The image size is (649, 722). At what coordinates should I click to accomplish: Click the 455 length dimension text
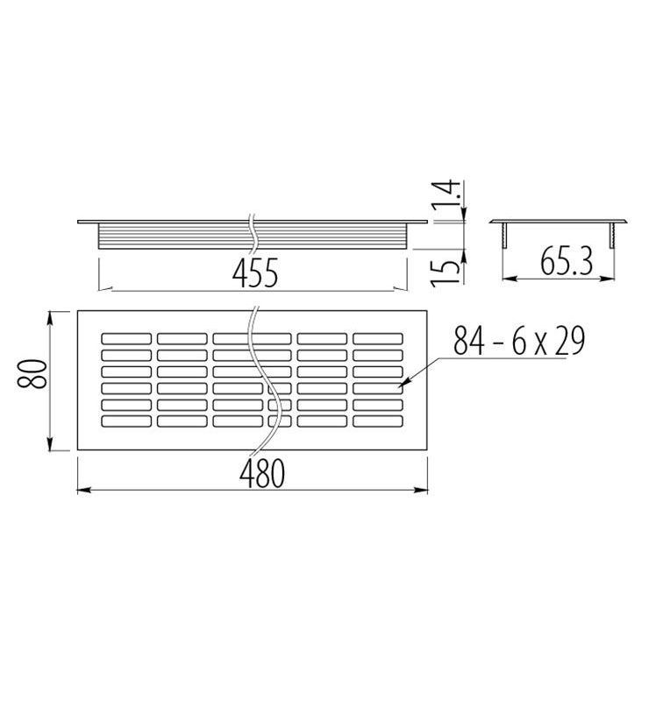[x=255, y=273]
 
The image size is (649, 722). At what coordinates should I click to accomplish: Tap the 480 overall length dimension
[x=262, y=473]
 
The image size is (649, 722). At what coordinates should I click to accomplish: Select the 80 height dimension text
[x=32, y=374]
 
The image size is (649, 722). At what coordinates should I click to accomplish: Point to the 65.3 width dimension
[x=567, y=261]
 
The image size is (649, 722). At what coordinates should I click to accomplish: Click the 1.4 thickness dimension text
[x=446, y=195]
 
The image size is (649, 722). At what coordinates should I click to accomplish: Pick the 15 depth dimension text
[x=446, y=273]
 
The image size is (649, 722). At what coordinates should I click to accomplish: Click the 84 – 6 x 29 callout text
[x=519, y=340]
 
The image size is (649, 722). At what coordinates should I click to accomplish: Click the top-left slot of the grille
[x=126, y=338]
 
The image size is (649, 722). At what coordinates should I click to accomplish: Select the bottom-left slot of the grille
[x=126, y=421]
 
